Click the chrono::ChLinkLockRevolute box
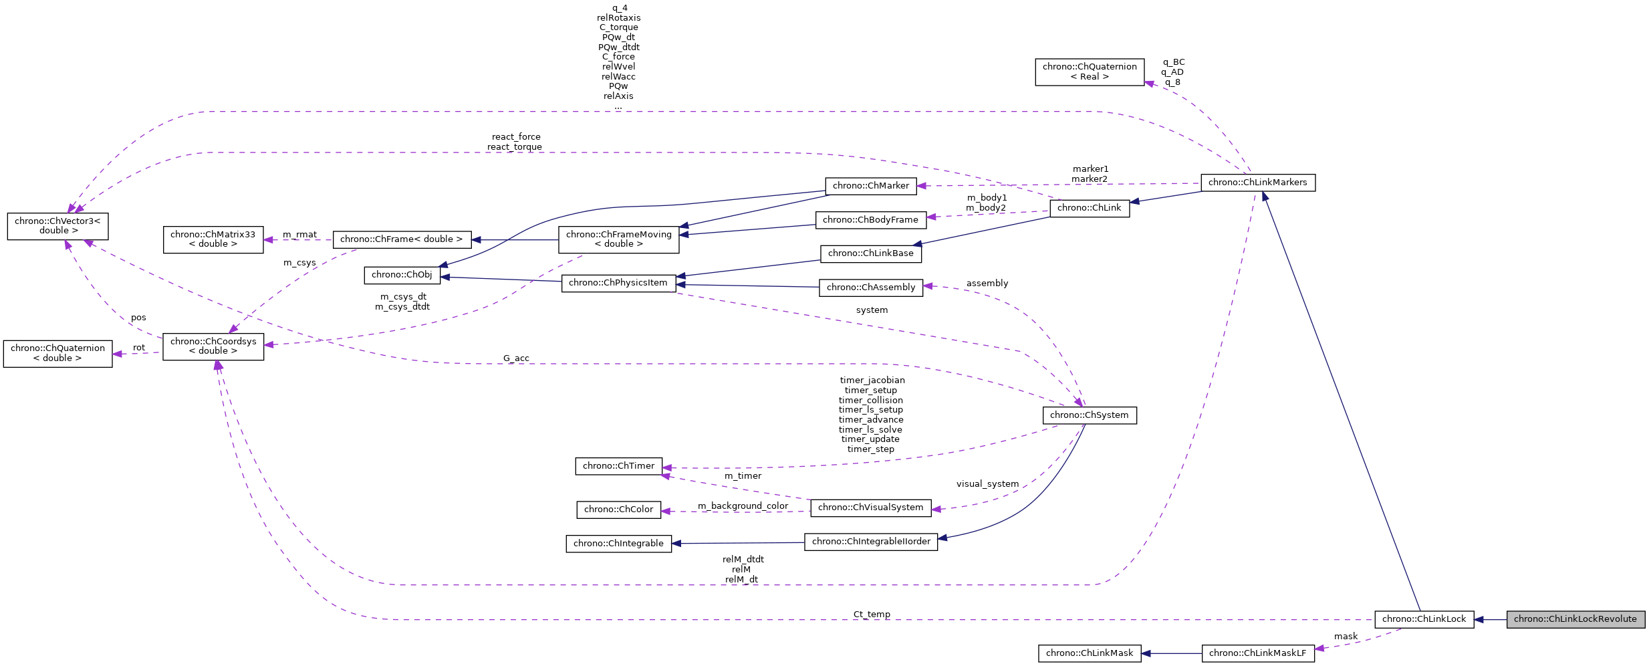click(x=1575, y=619)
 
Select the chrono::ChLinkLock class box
click(x=1424, y=619)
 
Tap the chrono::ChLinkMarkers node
click(x=1257, y=183)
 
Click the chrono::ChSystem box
click(x=1089, y=415)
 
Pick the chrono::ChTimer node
click(x=618, y=466)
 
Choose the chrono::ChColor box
click(x=618, y=510)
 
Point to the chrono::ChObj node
click(x=402, y=275)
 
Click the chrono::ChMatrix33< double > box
click(x=213, y=239)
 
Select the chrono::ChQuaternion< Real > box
click(x=1089, y=72)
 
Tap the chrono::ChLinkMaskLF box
click(x=1257, y=653)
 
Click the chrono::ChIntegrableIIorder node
click(x=870, y=542)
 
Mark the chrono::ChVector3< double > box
click(x=57, y=226)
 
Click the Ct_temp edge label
click(x=872, y=615)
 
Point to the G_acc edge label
click(x=516, y=358)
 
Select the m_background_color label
click(x=743, y=506)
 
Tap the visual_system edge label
click(x=987, y=484)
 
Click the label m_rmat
click(x=299, y=235)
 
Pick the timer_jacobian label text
click(x=872, y=380)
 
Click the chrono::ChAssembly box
click(x=870, y=288)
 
